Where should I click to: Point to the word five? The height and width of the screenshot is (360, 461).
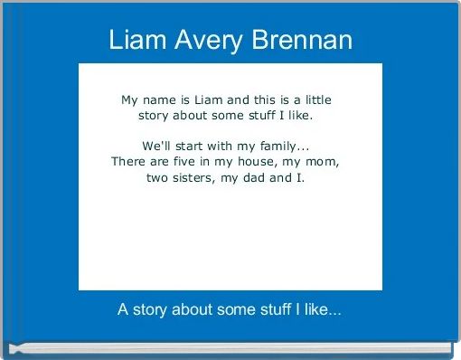[x=184, y=161]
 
